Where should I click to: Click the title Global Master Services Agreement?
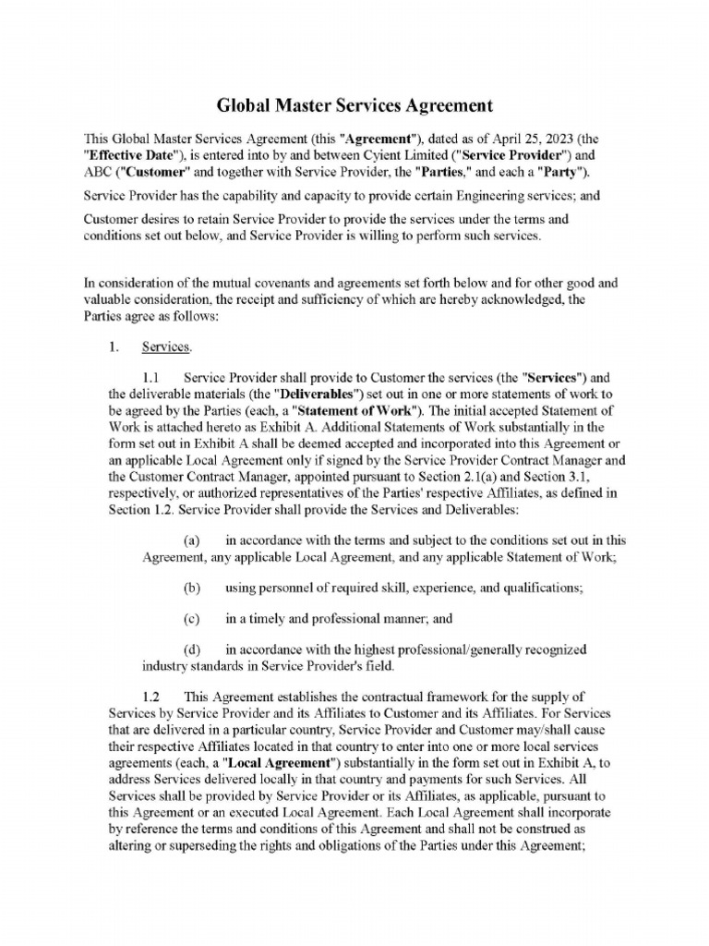354,105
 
